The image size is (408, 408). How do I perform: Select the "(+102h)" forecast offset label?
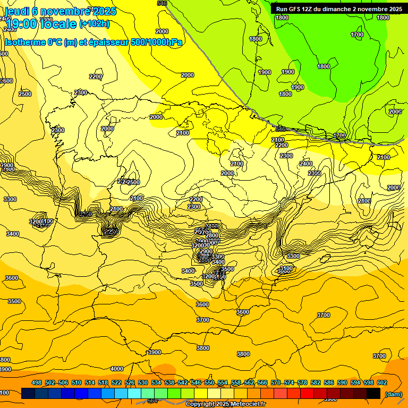click(x=94, y=23)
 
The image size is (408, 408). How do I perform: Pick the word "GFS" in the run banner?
click(x=297, y=9)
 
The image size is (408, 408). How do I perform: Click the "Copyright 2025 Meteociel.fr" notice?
click(x=225, y=404)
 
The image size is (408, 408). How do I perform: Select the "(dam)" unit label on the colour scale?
click(x=393, y=394)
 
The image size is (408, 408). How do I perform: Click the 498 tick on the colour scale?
click(x=37, y=382)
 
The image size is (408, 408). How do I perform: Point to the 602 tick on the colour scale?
click(x=382, y=382)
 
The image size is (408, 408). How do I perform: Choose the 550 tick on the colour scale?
click(x=209, y=382)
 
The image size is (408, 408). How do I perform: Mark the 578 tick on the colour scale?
click(x=302, y=382)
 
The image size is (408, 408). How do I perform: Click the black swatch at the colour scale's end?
click(x=373, y=394)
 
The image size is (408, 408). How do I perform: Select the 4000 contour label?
click(x=116, y=368)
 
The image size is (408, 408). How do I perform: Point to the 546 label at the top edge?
click(x=162, y=3)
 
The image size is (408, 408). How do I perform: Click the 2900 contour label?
click(x=7, y=165)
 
